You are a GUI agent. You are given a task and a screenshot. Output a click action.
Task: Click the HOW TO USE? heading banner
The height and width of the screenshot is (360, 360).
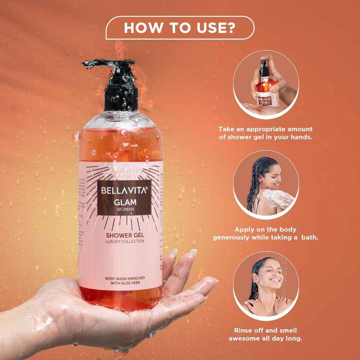pos(180,28)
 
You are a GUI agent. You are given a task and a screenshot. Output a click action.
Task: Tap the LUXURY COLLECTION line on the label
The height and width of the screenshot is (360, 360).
pos(121,241)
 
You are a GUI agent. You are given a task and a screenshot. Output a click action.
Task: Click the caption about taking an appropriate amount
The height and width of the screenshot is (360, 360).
pos(265,133)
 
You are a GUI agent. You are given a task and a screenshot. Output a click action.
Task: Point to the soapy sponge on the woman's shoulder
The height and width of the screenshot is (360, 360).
pos(275,198)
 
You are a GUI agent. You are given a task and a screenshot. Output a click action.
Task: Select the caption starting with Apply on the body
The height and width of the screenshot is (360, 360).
pos(265,234)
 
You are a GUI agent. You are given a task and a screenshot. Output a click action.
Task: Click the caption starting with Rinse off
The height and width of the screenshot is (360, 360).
pos(265,334)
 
